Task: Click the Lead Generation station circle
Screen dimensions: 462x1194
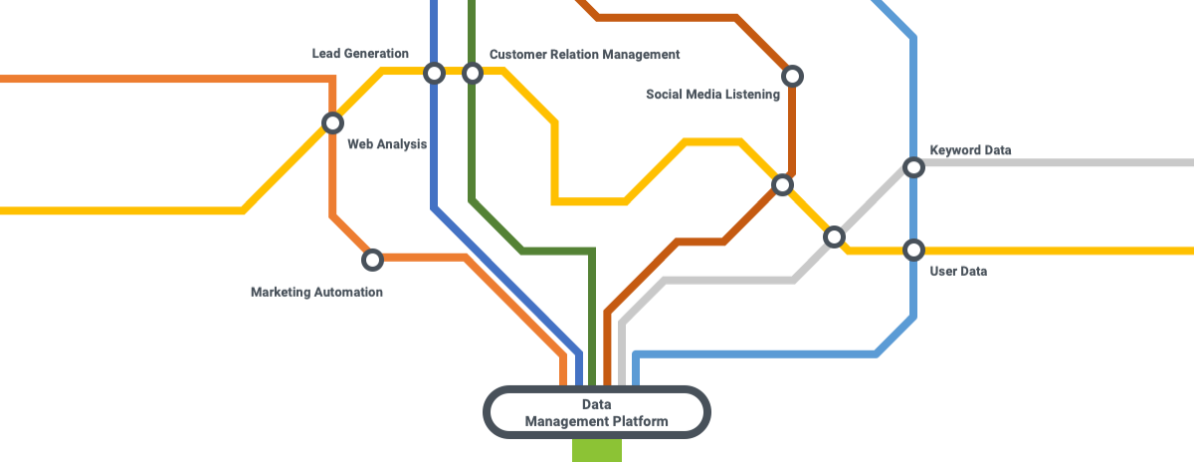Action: [x=434, y=73]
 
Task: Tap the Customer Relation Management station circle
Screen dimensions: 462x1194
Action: [x=473, y=73]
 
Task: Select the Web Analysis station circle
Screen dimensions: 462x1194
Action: [x=332, y=122]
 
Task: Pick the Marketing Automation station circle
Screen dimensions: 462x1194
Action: [x=372, y=260]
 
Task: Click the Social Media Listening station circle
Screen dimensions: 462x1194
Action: [x=792, y=76]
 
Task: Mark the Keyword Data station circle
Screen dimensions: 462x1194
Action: [x=913, y=166]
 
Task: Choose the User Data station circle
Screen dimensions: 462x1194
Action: [x=913, y=249]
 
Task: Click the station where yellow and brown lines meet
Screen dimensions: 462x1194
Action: [x=782, y=184]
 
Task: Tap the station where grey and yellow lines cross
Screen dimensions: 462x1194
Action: [x=835, y=237]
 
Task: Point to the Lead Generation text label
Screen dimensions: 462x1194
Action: [x=360, y=54]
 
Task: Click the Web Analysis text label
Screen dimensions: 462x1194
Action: [x=387, y=144]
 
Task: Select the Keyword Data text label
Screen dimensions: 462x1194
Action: [x=970, y=150]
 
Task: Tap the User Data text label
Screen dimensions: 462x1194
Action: [x=958, y=271]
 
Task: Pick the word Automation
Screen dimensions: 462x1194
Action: [x=348, y=293]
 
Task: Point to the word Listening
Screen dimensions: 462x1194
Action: [x=751, y=95]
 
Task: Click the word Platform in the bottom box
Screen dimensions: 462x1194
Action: [x=637, y=422]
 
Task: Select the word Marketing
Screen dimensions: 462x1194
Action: [x=281, y=293]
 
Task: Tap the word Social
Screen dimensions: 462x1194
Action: [x=665, y=95]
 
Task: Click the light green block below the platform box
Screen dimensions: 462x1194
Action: [x=597, y=450]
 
